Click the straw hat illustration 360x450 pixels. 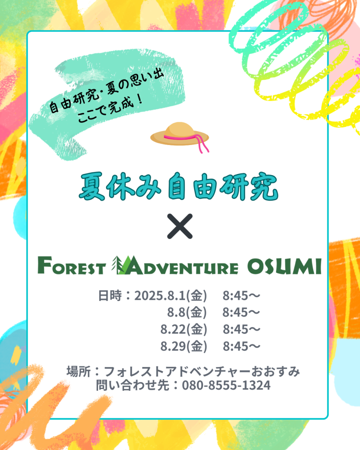180,135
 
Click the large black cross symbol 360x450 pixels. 180,226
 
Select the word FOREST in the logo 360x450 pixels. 71,266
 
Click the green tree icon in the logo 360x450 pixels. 118,265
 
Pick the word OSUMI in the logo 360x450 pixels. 284,266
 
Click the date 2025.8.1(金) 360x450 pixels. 171,296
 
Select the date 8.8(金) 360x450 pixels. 187,312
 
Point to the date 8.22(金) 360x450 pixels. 184,329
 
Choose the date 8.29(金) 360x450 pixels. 184,346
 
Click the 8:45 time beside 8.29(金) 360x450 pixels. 241,346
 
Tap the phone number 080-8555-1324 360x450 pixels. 226,385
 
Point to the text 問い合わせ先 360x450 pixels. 132,385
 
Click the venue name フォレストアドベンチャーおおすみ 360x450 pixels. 202,371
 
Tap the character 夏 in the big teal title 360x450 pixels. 91,186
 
